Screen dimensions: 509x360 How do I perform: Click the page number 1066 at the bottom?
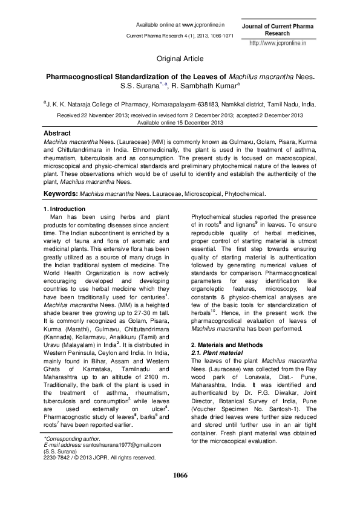pos(180,475)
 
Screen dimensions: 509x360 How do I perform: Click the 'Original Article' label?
pos(180,59)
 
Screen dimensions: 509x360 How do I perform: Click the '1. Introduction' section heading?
pos(62,209)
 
